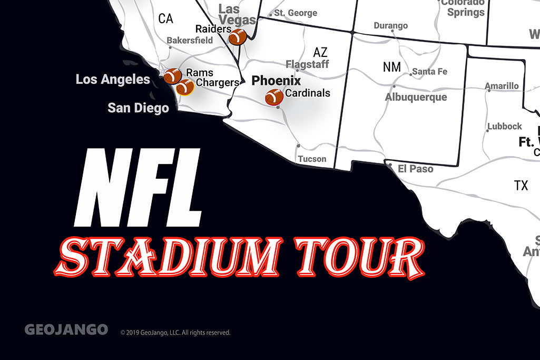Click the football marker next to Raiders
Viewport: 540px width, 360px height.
(x=238, y=37)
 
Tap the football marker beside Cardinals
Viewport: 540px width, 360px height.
(x=274, y=97)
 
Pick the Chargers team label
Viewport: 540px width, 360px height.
(x=218, y=83)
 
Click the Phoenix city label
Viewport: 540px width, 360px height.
(x=276, y=81)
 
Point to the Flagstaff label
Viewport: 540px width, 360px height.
(x=307, y=64)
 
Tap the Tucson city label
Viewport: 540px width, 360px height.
(x=312, y=159)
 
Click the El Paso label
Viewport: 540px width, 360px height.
(x=415, y=169)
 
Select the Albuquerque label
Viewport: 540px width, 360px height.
(x=416, y=97)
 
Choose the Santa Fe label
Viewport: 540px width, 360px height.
(x=429, y=71)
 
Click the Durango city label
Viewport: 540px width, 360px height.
(x=390, y=25)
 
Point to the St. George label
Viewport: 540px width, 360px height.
(x=296, y=13)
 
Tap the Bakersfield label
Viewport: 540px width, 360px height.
(x=190, y=40)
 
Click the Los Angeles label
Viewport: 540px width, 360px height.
(x=113, y=80)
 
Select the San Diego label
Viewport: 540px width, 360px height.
(x=138, y=108)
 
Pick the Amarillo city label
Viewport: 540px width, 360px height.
(x=502, y=86)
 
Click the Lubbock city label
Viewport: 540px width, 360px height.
(x=504, y=127)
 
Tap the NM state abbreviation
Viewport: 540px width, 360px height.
(x=391, y=67)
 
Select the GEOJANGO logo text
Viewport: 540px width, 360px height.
(x=66, y=330)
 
